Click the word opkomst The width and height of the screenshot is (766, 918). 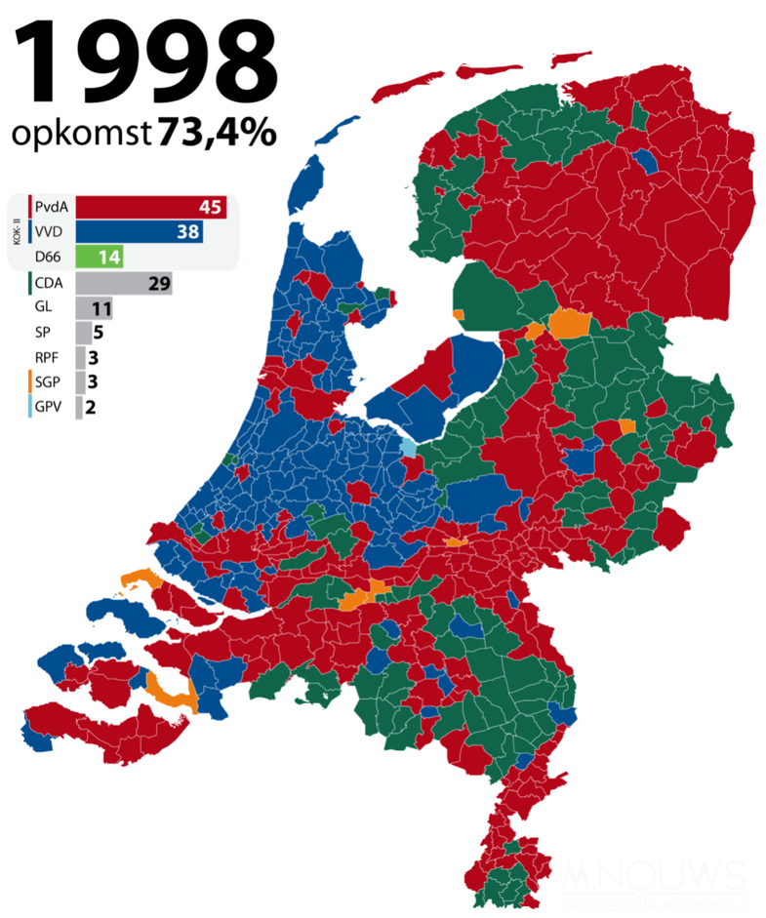[x=81, y=135]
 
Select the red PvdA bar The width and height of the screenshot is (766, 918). [x=151, y=207]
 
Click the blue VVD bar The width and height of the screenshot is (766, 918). [x=140, y=232]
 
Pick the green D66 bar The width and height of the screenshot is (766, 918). [x=99, y=258]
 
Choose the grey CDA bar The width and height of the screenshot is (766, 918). [x=124, y=284]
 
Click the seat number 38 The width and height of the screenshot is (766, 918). [x=188, y=232]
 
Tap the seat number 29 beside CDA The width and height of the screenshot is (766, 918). [x=157, y=284]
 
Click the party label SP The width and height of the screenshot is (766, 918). [x=42, y=333]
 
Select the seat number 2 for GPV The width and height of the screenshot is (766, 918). [x=90, y=407]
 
